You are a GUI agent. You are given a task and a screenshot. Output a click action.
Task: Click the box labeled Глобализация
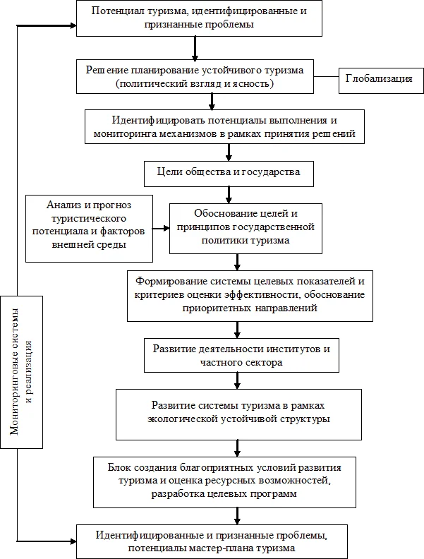tap(379, 78)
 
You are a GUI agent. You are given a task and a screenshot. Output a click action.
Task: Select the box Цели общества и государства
tap(227, 172)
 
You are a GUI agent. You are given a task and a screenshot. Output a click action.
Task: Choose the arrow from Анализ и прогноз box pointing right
tap(162, 227)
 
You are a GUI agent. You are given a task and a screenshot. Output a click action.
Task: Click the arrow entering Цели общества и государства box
tap(228, 152)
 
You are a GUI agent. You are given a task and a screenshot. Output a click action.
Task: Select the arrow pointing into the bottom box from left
tap(67, 541)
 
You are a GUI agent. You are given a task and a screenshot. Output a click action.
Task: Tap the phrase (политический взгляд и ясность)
tap(195, 83)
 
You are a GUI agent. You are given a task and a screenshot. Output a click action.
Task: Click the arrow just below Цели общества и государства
tap(228, 192)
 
